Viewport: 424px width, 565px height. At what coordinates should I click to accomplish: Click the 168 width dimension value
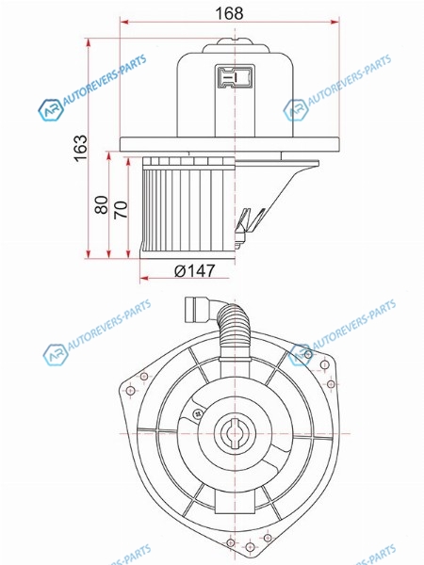pyautogui.click(x=229, y=13)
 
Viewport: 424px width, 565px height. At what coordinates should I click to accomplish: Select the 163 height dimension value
pyautogui.click(x=81, y=148)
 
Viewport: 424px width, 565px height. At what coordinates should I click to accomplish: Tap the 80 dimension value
pyautogui.click(x=102, y=204)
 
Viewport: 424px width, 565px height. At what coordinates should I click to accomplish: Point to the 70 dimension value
pyautogui.click(x=122, y=209)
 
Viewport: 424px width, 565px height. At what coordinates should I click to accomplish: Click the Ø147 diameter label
pyautogui.click(x=195, y=270)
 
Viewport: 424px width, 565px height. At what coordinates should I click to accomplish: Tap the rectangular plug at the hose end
pyautogui.click(x=197, y=310)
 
